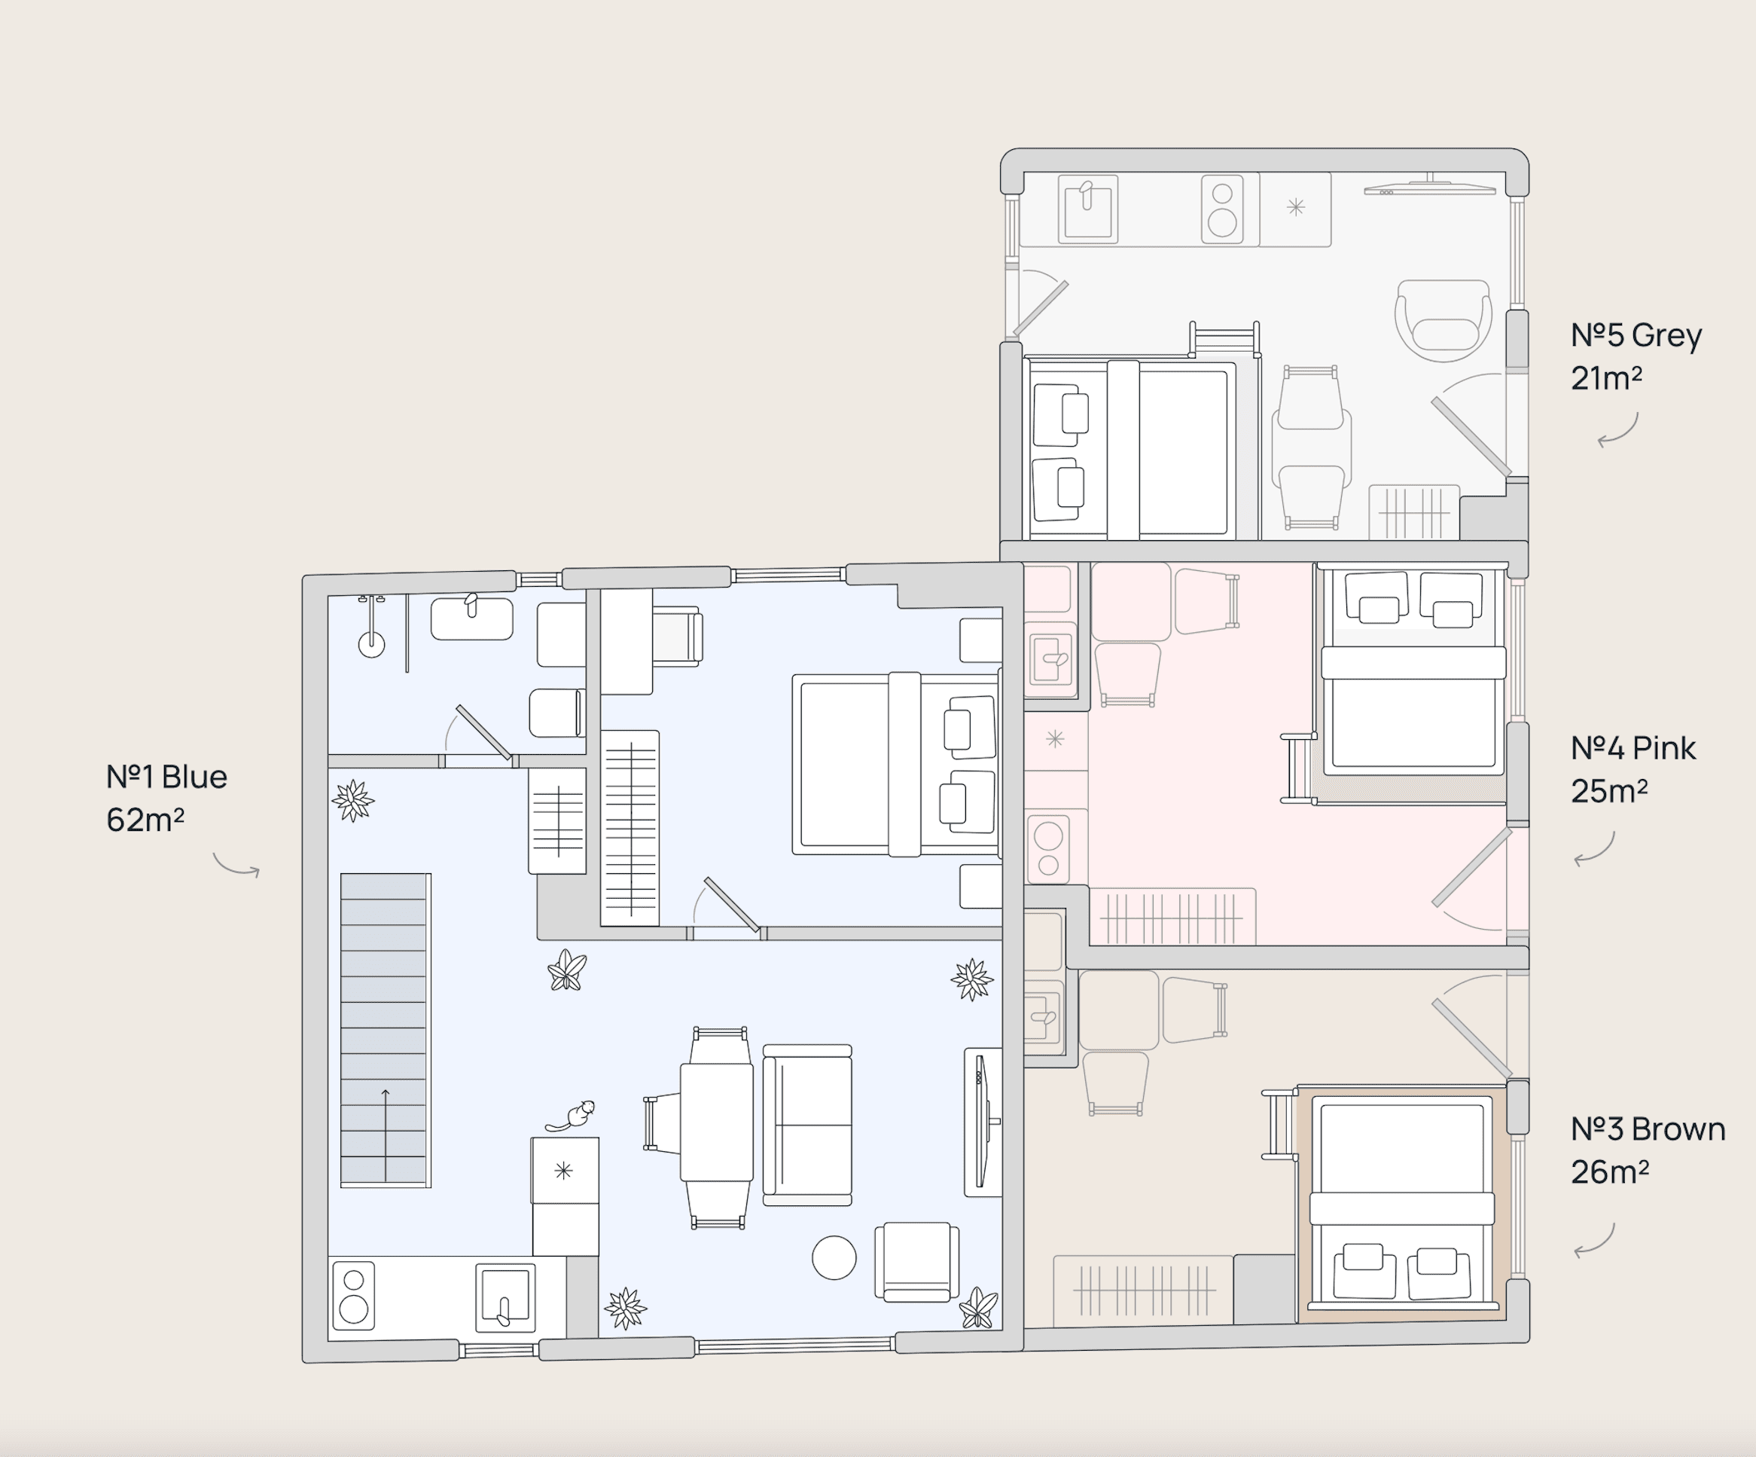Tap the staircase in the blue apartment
[x=385, y=1031]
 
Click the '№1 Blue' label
[x=166, y=777]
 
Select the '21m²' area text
[x=1605, y=379]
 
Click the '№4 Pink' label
[x=1633, y=748]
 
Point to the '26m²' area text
[x=1609, y=1173]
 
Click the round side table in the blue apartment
[x=834, y=1257]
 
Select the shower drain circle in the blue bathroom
[x=371, y=644]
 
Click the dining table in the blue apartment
[x=716, y=1122]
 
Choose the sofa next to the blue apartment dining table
[x=807, y=1125]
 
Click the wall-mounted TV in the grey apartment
[x=1429, y=189]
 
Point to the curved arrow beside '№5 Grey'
[x=1618, y=432]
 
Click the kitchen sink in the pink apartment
[x=1050, y=660]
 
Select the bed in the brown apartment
[x=1401, y=1205]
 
